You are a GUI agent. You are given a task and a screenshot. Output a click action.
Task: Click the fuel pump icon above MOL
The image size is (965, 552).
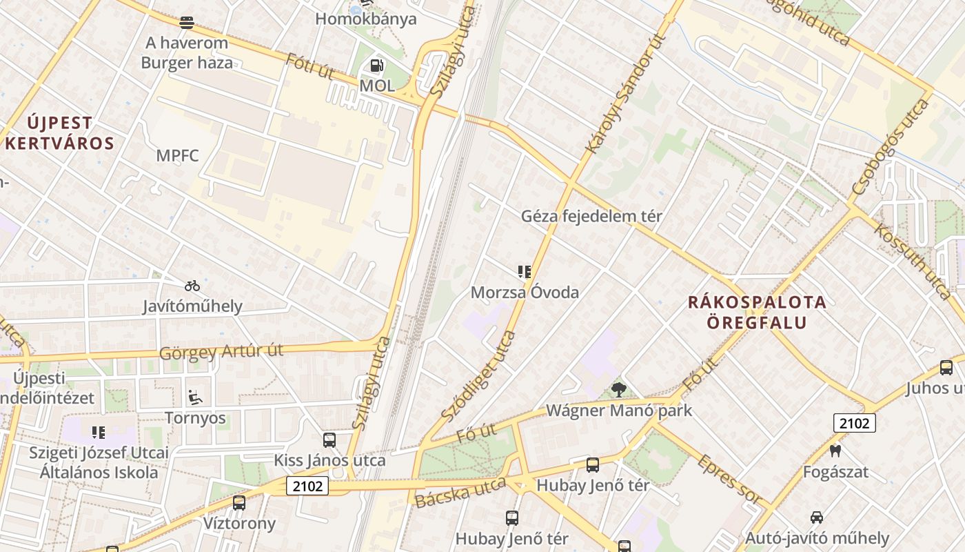pyautogui.click(x=377, y=66)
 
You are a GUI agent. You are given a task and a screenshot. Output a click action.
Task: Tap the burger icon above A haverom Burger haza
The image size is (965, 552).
pyautogui.click(x=186, y=22)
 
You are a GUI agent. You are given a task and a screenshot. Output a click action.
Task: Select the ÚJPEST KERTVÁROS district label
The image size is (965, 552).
pyautogui.click(x=59, y=133)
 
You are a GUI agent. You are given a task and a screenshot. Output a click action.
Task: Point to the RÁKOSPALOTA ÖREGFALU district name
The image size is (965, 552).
pyautogui.click(x=757, y=312)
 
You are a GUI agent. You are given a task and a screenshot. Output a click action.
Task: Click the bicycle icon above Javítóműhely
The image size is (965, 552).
pyautogui.click(x=192, y=285)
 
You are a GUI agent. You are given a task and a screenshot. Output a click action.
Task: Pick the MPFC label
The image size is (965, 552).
pyautogui.click(x=177, y=156)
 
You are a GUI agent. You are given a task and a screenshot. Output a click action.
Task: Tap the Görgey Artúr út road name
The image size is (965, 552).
pyautogui.click(x=221, y=352)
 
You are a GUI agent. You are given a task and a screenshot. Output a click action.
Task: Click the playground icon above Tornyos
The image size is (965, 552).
pyautogui.click(x=195, y=397)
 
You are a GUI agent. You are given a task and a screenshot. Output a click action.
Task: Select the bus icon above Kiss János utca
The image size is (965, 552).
pyautogui.click(x=329, y=440)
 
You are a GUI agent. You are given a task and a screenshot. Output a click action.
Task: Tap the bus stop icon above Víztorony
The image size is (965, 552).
pyautogui.click(x=239, y=503)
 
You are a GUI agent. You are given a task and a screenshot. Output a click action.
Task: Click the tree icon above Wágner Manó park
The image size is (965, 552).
pyautogui.click(x=619, y=390)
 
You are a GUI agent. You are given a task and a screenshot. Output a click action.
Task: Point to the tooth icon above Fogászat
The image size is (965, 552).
pyautogui.click(x=835, y=451)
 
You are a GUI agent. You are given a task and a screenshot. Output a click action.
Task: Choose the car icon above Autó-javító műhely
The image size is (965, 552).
pyautogui.click(x=817, y=517)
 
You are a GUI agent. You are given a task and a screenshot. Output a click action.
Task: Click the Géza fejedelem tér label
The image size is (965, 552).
pyautogui.click(x=591, y=216)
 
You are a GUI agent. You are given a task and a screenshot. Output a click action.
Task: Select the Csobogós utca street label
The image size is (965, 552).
pyautogui.click(x=890, y=146)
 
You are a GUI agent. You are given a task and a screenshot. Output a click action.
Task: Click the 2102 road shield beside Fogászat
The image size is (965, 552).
pyautogui.click(x=854, y=423)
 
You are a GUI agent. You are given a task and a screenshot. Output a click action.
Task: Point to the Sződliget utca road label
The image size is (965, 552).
pyautogui.click(x=478, y=377)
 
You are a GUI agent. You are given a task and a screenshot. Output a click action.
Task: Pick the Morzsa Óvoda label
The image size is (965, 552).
pyautogui.click(x=525, y=293)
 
